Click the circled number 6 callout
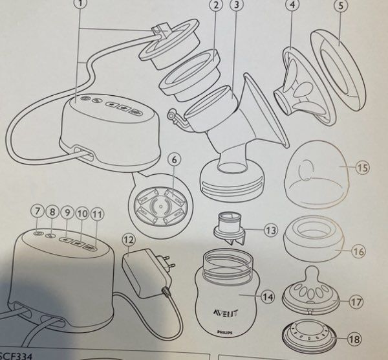[x=175, y=160]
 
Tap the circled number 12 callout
[x=129, y=240]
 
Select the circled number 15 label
[x=363, y=168]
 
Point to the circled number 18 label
[x=354, y=339]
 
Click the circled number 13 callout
[x=271, y=230]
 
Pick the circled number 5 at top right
[x=341, y=6]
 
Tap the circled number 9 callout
[x=67, y=212]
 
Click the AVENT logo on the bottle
[x=226, y=312]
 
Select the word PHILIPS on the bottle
[x=224, y=333]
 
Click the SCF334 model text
[x=16, y=357]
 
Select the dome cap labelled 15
[x=317, y=172]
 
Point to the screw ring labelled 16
[x=314, y=238]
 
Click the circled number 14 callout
[x=268, y=297]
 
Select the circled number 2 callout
[x=216, y=5]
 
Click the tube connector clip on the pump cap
[x=161, y=30]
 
